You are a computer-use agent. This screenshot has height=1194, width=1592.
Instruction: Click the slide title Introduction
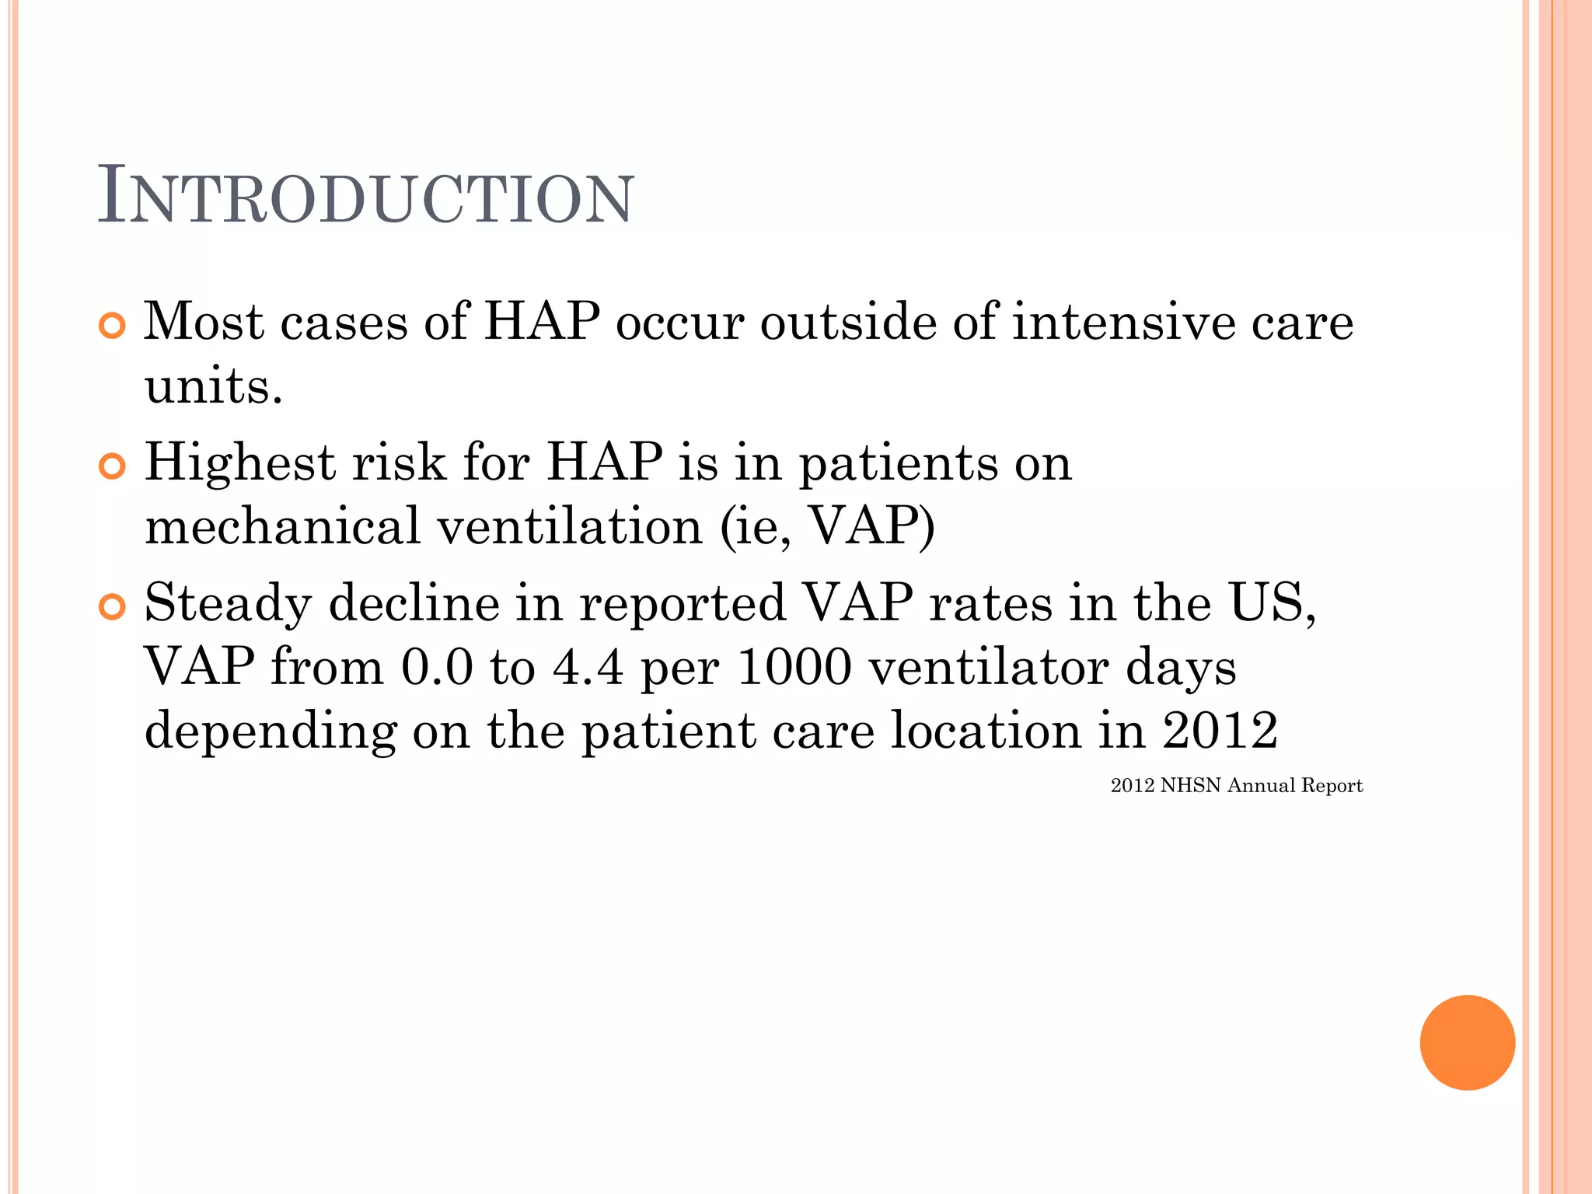[365, 197]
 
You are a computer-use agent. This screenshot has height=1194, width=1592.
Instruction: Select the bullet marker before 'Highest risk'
[113, 466]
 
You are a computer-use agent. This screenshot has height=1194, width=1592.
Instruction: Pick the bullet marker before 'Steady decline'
[113, 607]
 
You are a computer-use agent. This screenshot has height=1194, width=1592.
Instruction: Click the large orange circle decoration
[1467, 1042]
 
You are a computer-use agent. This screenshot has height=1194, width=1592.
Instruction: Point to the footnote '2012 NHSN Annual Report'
[1236, 785]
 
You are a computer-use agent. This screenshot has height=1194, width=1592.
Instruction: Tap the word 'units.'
[214, 386]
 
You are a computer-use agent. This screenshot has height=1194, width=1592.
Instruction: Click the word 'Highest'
[240, 463]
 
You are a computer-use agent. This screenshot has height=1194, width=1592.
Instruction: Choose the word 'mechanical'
[283, 526]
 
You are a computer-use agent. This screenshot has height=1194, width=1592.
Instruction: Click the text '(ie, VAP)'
[827, 526]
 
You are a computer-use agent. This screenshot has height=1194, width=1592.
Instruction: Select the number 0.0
[437, 667]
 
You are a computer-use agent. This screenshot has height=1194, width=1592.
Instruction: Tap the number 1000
[794, 667]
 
